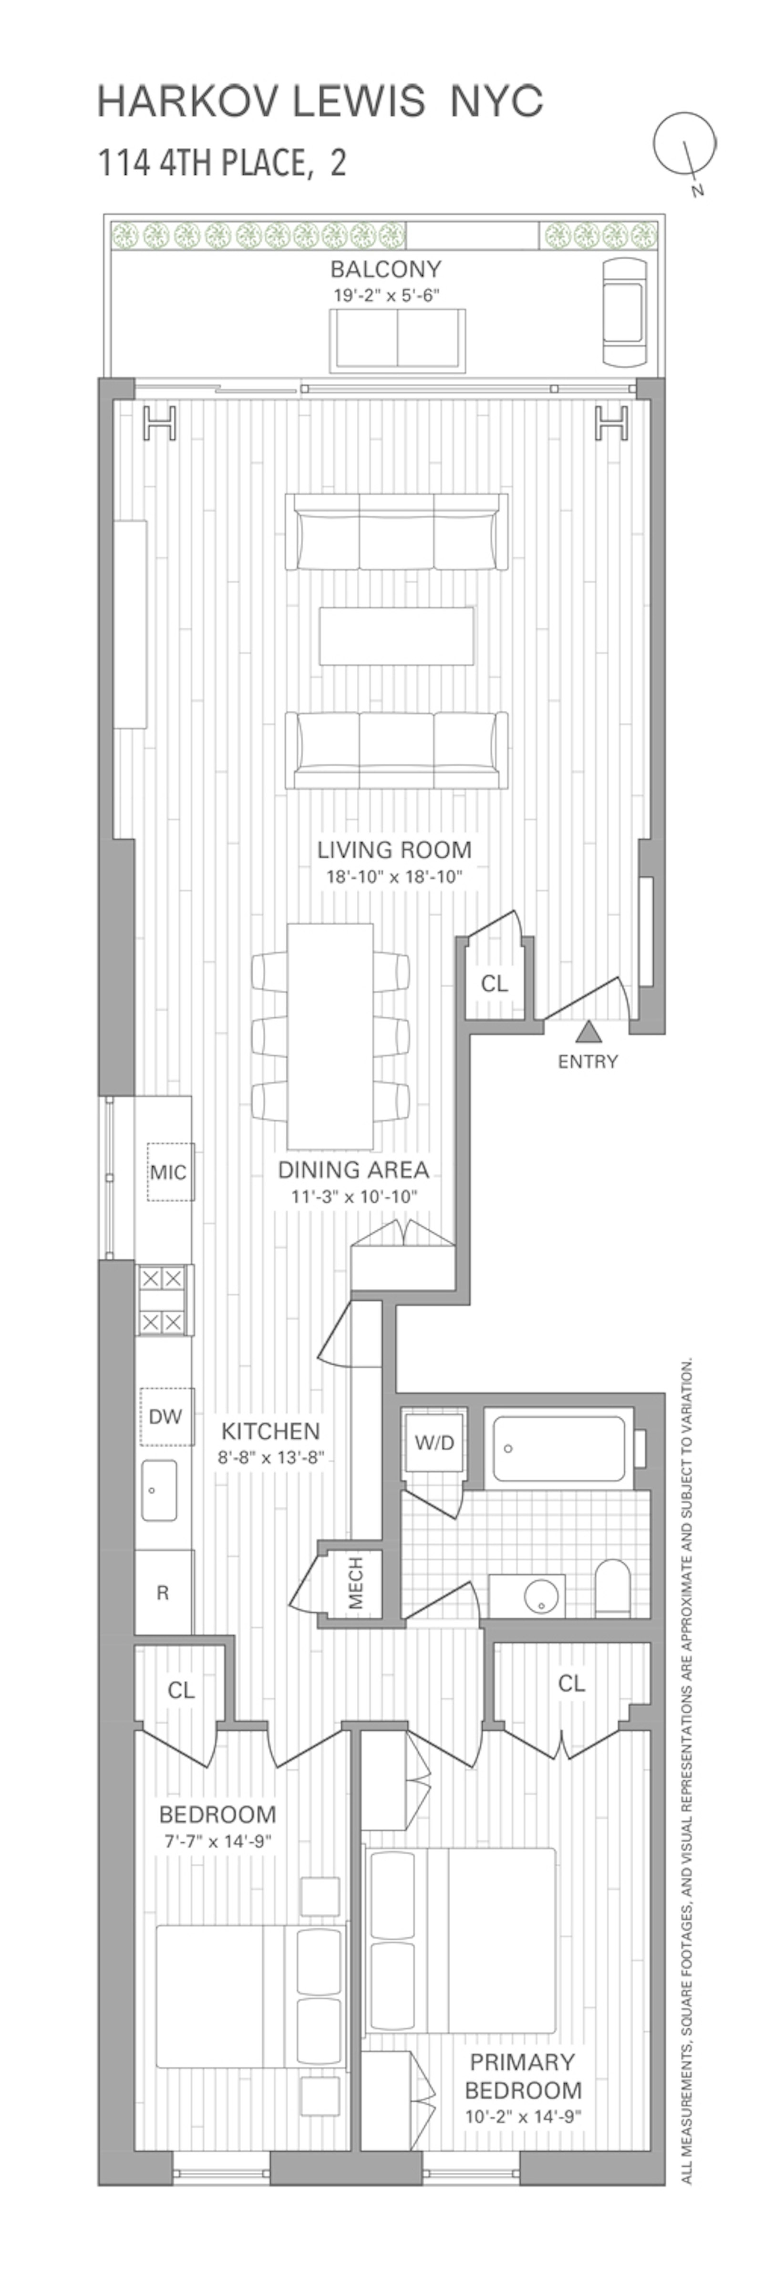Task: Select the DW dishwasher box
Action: coord(165,1416)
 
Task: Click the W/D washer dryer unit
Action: coord(434,1442)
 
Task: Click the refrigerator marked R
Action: coord(163,1592)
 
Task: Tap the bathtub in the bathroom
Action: coord(558,1449)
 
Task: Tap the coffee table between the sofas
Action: coord(396,635)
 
